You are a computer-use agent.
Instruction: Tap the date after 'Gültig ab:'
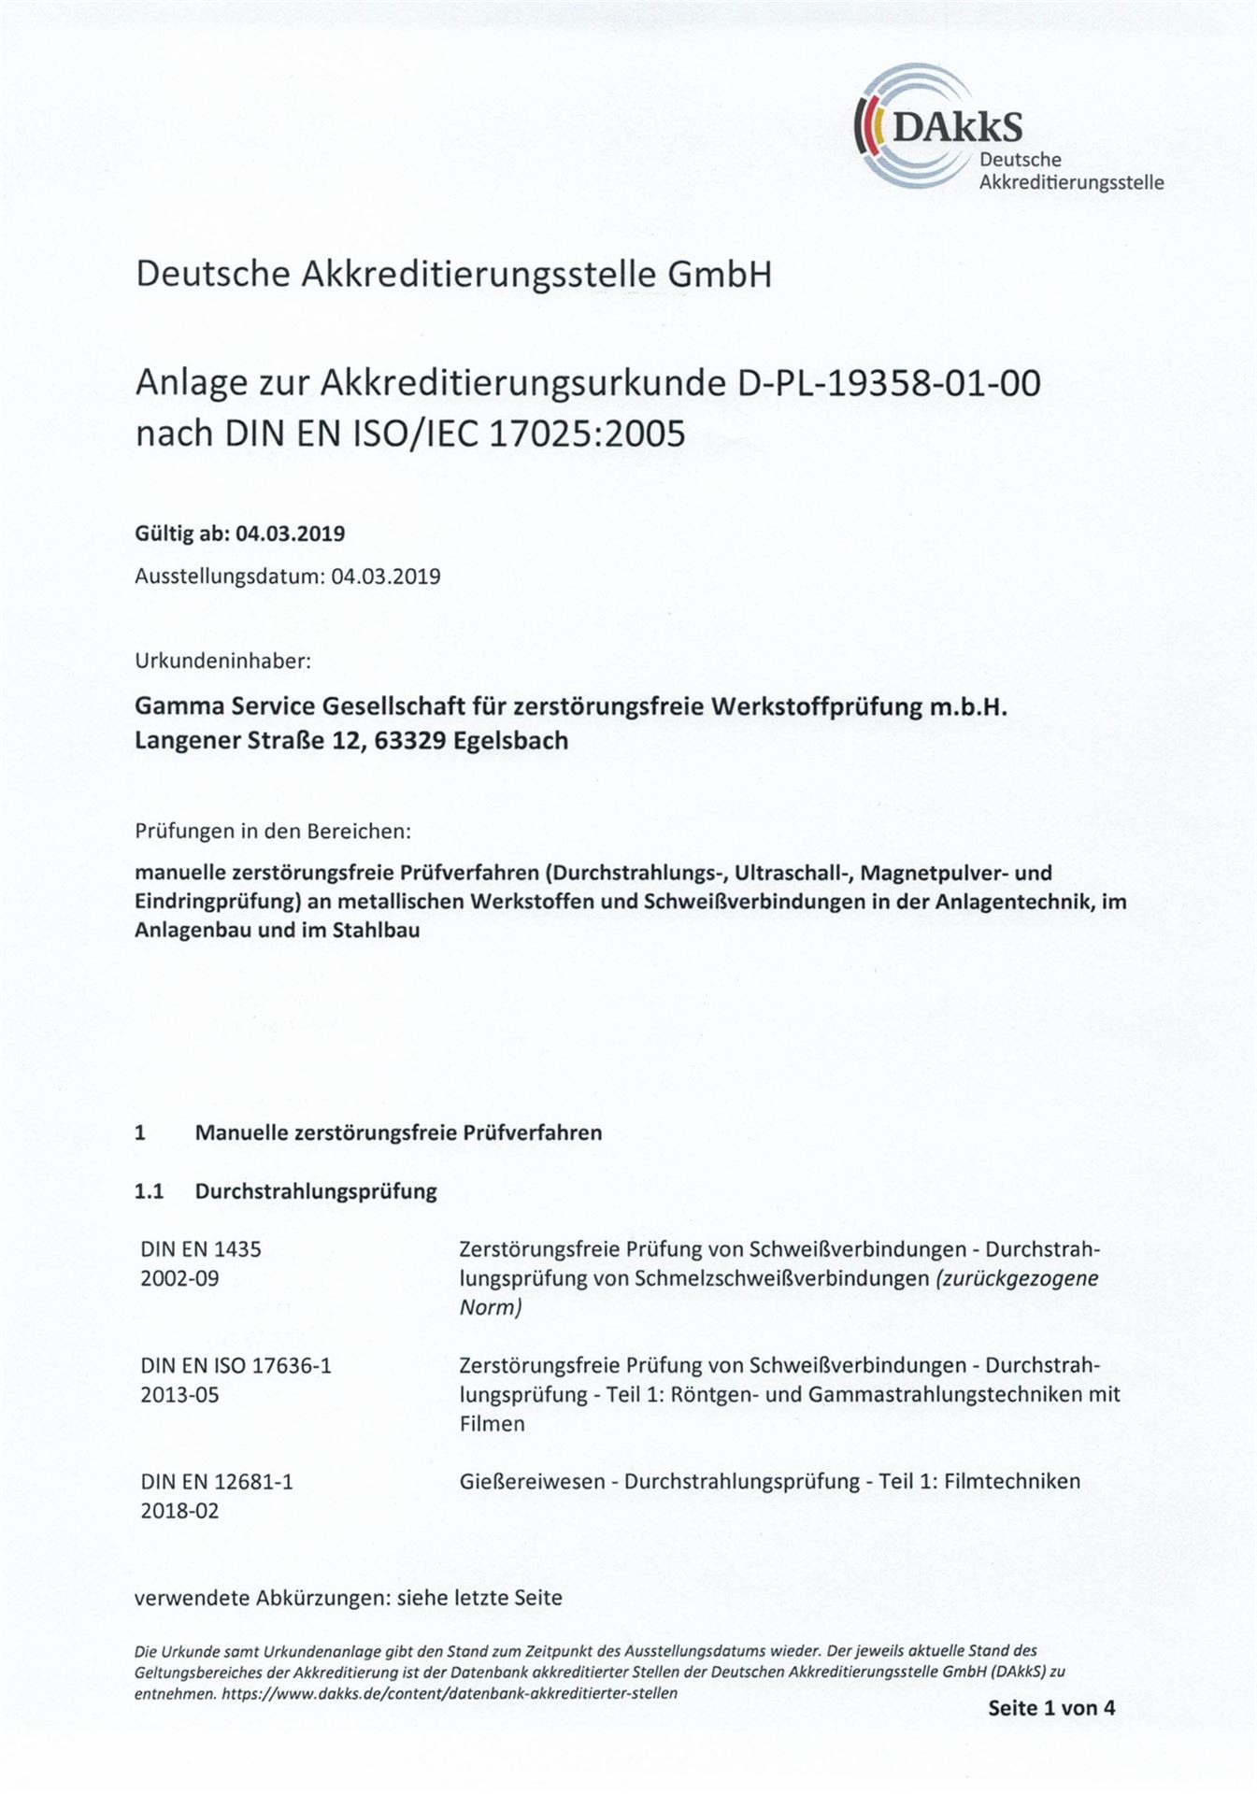(x=290, y=534)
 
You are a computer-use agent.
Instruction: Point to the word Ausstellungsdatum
(x=229, y=577)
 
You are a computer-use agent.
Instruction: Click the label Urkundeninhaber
(x=222, y=661)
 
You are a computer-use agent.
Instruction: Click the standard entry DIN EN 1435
(x=201, y=1249)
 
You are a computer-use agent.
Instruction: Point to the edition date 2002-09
(x=179, y=1278)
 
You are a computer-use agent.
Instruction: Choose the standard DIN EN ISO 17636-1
(x=236, y=1365)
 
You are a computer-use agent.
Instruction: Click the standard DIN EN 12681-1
(x=217, y=1481)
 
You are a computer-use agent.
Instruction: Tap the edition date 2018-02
(x=179, y=1510)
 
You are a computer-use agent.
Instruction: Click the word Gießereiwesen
(x=533, y=1481)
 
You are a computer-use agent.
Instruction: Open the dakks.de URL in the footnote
(x=450, y=1693)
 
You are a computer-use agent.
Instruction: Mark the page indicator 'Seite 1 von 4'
(x=1051, y=1708)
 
